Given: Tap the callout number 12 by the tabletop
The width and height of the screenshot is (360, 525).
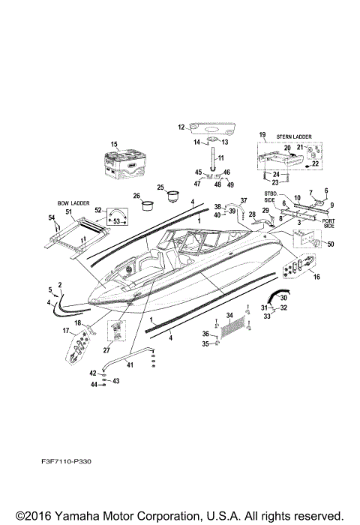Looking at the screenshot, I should (x=181, y=127).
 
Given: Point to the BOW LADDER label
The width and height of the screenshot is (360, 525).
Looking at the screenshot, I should (x=73, y=202).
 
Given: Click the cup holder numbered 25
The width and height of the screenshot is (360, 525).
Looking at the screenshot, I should (x=174, y=194).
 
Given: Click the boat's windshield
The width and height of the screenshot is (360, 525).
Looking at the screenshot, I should (x=193, y=244).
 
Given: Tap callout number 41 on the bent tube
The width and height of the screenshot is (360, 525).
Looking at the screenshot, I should (x=130, y=365).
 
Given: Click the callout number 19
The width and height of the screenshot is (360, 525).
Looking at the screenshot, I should (x=262, y=135).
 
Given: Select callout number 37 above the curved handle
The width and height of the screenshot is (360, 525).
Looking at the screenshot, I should (x=243, y=201).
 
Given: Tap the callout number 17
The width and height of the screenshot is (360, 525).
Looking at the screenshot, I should (x=65, y=331).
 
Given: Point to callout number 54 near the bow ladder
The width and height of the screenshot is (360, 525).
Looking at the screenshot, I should (x=52, y=217).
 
